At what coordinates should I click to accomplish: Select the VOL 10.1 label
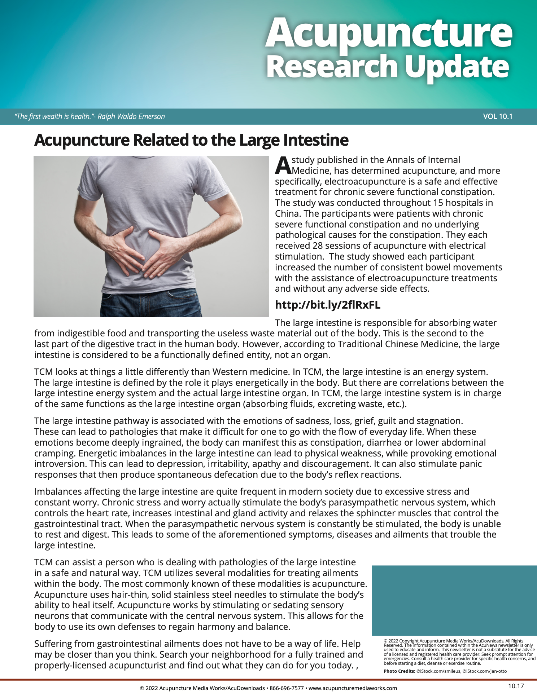pos(498,116)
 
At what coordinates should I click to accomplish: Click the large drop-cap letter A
pos(283,165)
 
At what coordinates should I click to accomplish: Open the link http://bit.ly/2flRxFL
pos(328,305)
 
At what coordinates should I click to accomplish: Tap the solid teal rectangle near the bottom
pos(454,600)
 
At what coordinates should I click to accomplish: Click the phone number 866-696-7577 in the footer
pos(287,688)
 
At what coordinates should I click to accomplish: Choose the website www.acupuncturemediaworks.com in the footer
pos(353,688)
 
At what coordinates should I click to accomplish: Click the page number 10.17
pos(516,686)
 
